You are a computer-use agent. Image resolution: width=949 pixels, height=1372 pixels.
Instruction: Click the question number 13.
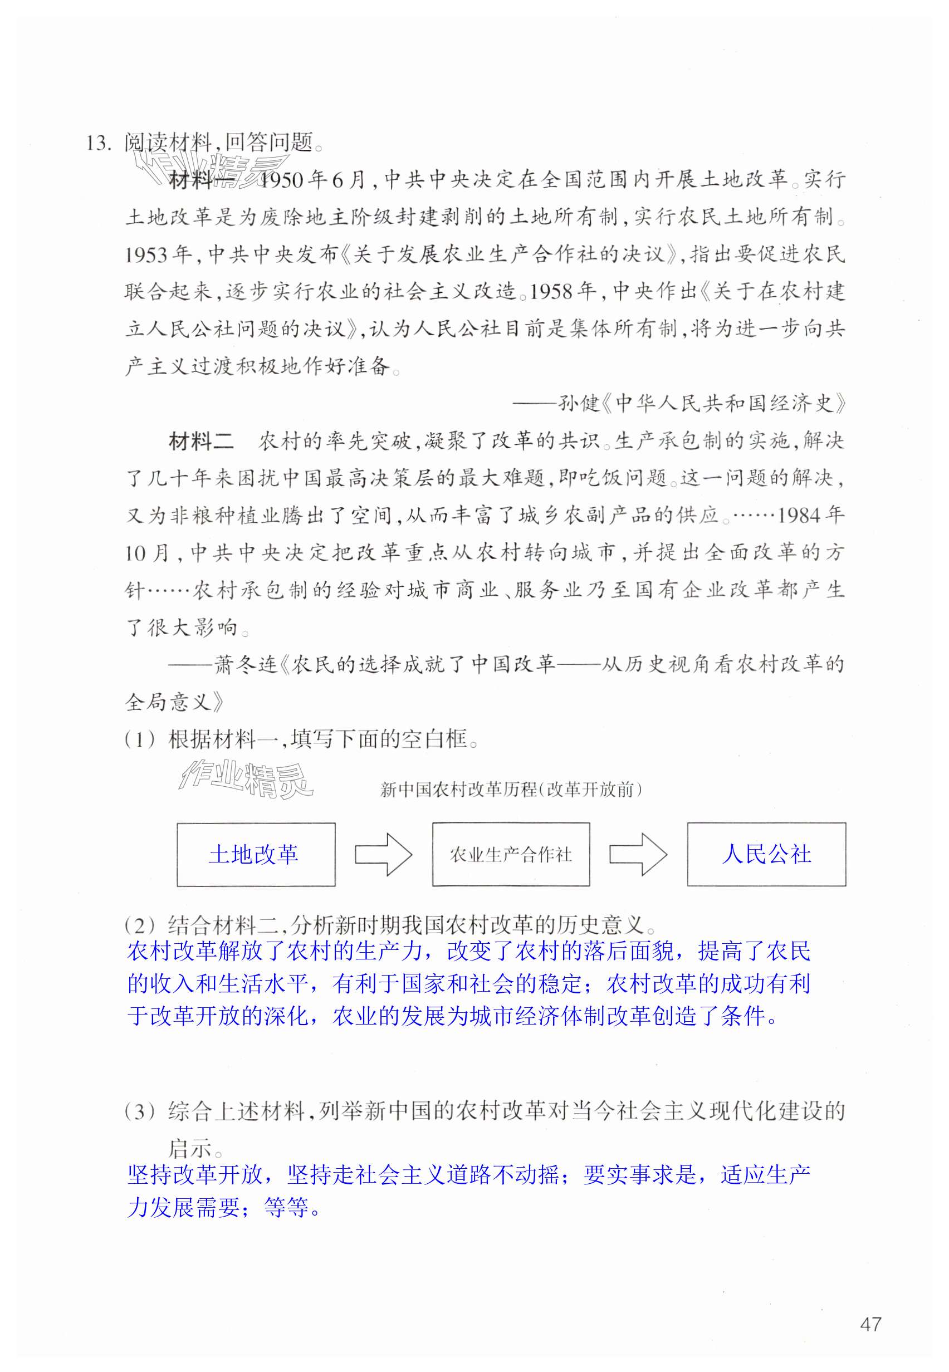(x=98, y=143)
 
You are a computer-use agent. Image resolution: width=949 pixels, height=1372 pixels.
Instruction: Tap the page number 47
(x=870, y=1325)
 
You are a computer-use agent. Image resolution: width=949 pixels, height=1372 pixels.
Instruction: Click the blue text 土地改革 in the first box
(x=254, y=855)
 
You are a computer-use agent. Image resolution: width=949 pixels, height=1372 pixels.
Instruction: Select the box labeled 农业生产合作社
(x=511, y=855)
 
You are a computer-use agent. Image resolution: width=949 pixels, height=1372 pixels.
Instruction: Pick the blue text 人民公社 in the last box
(x=766, y=855)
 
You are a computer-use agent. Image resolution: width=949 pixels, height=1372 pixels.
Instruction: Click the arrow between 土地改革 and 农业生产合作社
(x=384, y=855)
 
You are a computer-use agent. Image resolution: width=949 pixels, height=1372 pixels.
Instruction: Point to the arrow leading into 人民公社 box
(x=639, y=855)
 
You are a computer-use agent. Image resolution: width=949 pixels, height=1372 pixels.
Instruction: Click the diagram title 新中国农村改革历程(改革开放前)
(x=511, y=790)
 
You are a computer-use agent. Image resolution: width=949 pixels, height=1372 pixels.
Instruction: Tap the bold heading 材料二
(x=202, y=441)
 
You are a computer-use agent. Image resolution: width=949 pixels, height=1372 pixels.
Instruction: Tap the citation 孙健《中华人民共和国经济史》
(x=702, y=404)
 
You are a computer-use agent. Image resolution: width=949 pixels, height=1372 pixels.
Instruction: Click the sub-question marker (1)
(x=140, y=740)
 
